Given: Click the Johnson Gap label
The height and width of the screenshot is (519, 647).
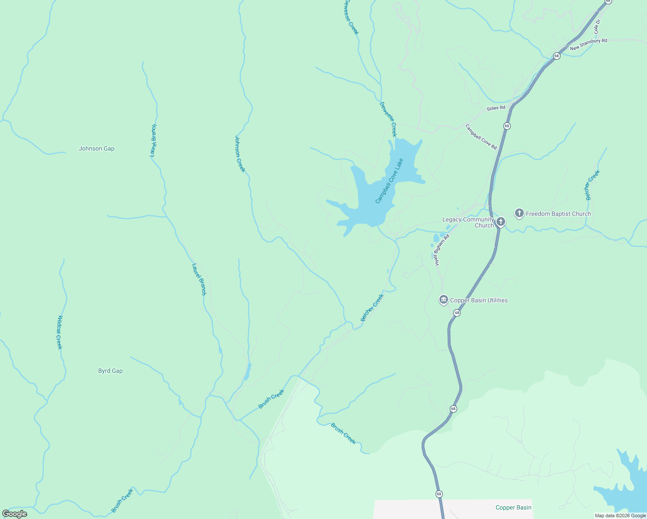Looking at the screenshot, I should coord(96,149).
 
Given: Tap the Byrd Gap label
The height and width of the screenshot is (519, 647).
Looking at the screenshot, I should coord(110,371).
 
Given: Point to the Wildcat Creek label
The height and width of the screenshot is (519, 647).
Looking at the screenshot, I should coord(60,332).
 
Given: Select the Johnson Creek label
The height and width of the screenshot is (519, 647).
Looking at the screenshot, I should coord(240,154).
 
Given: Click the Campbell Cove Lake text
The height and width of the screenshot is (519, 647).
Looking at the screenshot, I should coord(389,181).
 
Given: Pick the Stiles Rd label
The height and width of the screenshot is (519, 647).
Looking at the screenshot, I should coord(496,108).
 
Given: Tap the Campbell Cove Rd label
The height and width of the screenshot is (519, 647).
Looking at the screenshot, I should coord(481,137).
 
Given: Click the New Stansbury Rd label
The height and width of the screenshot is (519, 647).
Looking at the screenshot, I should coord(588,44).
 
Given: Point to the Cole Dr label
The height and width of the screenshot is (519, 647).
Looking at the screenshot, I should coord(597,27).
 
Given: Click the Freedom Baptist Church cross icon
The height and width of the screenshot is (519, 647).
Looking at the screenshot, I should coord(519,213).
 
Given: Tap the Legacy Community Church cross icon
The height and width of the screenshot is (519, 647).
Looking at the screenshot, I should coord(500,222).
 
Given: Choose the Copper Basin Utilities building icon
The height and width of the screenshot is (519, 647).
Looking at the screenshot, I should coord(443,300).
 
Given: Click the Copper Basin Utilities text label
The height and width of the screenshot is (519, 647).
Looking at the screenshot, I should coord(479,301).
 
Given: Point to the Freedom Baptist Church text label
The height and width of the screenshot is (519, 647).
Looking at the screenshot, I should coord(558,214).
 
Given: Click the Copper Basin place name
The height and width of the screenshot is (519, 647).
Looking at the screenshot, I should coord(513,508).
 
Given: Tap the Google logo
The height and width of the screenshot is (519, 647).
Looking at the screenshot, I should coord(15,514).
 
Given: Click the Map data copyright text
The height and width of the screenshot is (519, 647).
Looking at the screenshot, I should coord(620,516).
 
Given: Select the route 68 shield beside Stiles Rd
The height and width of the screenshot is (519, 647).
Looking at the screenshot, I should coord(507,126).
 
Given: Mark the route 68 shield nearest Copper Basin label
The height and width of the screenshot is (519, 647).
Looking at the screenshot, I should coord(439,494).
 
